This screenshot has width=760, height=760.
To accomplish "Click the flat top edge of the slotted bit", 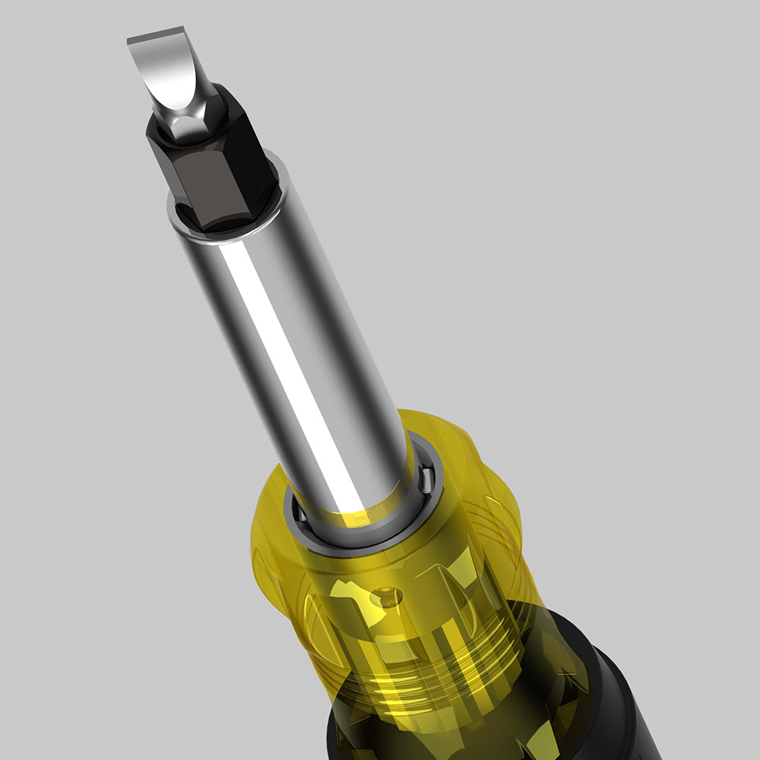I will [156, 35].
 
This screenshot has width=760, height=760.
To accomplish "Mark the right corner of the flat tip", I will [183, 29].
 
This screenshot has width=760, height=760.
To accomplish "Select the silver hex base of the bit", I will [190, 122].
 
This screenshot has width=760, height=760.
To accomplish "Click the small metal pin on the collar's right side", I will [427, 479].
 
